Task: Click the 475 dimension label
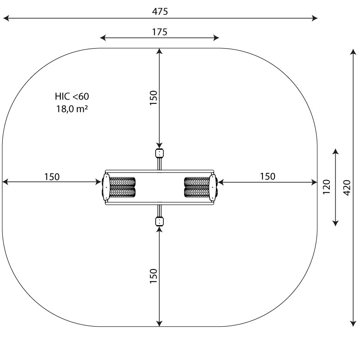[x=160, y=11]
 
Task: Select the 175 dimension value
[x=160, y=32]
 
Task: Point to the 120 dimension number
[x=326, y=187]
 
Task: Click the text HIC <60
[x=72, y=96]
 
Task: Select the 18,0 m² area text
[x=72, y=109]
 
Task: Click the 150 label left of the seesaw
[x=52, y=177]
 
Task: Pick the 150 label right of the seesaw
[x=267, y=176]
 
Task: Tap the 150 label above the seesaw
[x=153, y=98]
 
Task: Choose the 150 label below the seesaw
[x=153, y=276]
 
